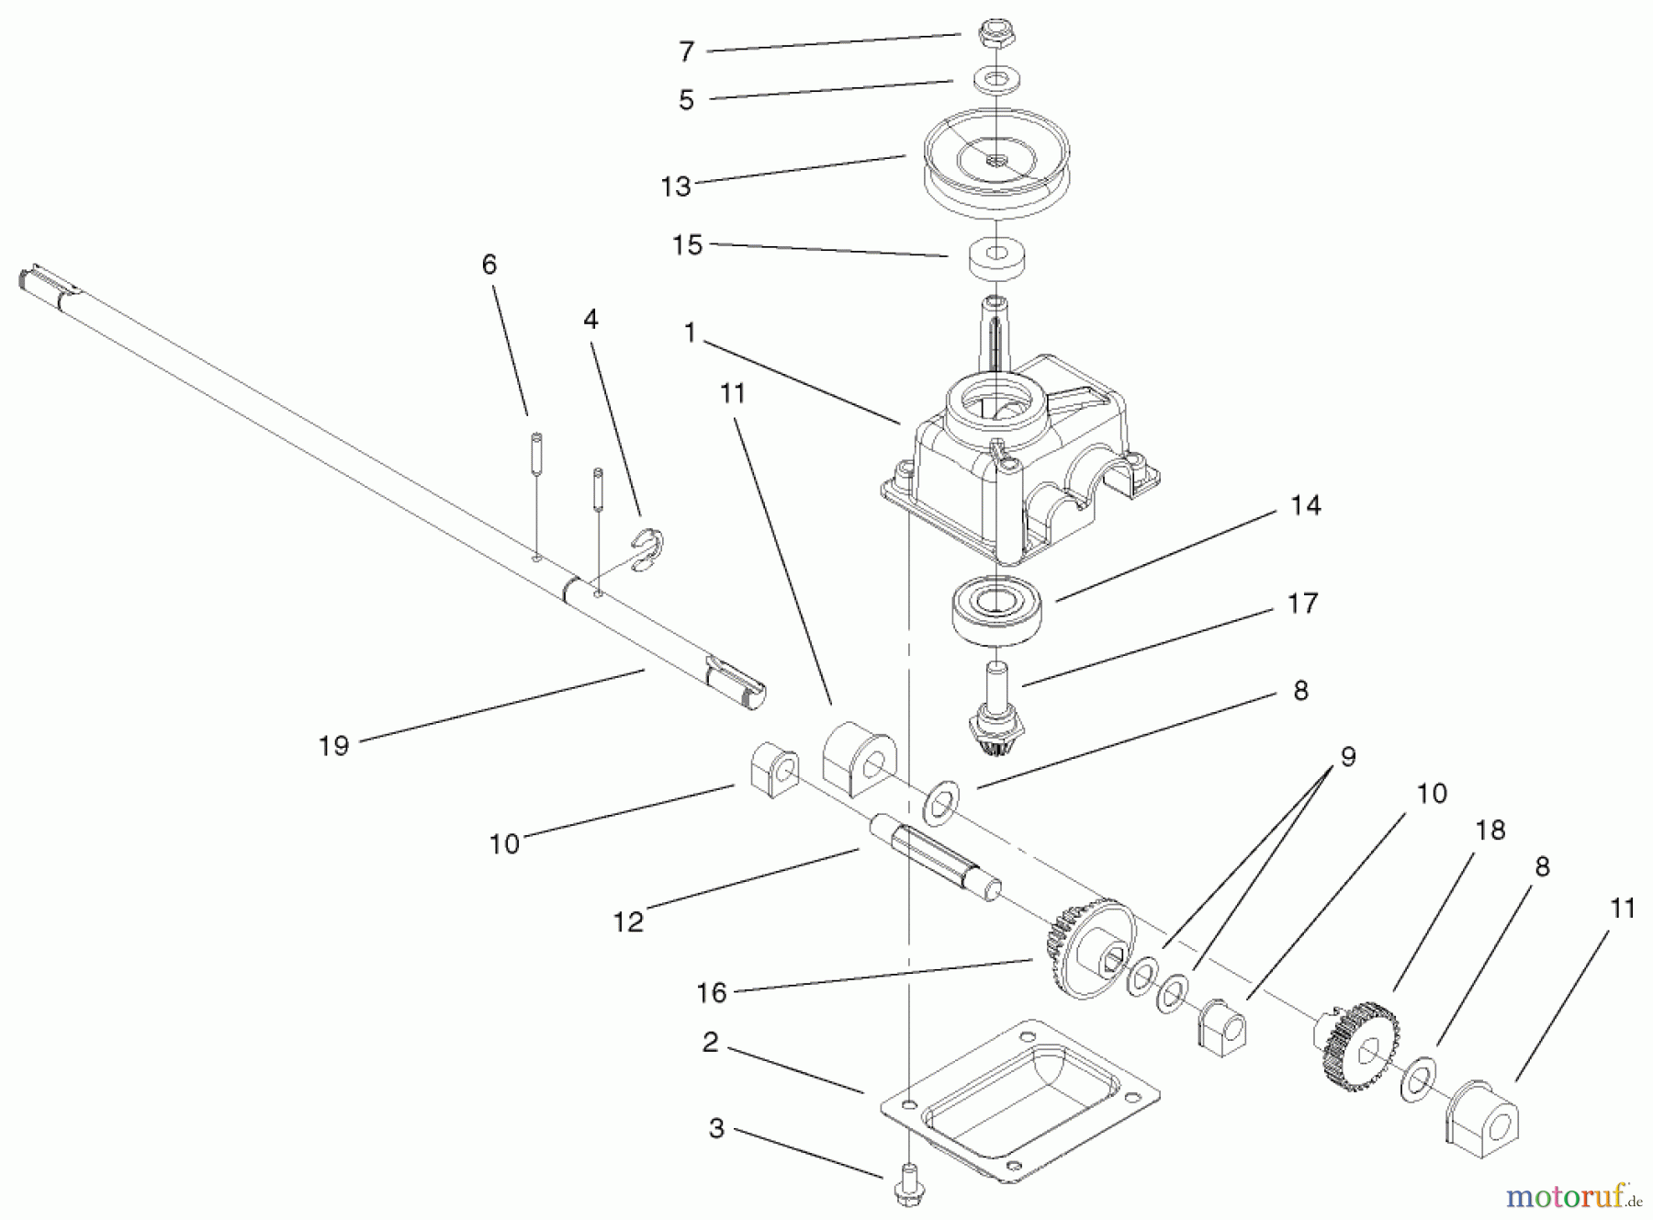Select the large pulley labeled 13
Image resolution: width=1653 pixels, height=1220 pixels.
point(995,174)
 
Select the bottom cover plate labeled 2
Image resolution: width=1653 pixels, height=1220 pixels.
point(1019,1102)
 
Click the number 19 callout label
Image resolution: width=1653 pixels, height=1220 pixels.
point(334,745)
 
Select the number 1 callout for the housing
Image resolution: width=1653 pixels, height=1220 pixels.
point(690,333)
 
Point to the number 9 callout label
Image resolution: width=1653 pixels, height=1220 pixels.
point(1347,757)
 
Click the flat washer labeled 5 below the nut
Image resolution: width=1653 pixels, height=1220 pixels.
point(995,80)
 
